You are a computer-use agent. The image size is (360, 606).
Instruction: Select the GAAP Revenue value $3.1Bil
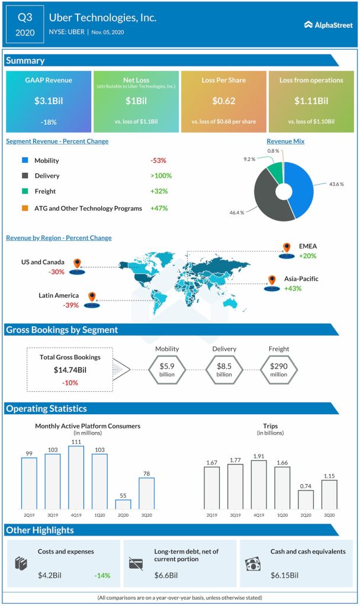pyautogui.click(x=49, y=101)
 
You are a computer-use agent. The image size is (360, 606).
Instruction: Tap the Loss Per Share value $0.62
pyautogui.click(x=223, y=101)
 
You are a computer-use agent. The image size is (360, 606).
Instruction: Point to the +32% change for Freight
pyautogui.click(x=160, y=191)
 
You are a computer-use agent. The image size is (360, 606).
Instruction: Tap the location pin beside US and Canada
pyautogui.click(x=76, y=263)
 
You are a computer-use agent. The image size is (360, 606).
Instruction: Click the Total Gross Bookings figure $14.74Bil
pyautogui.click(x=70, y=370)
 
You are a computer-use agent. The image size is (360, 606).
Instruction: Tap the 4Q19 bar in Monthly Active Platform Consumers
pyautogui.click(x=76, y=477)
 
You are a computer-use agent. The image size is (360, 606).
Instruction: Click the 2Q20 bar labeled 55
pyautogui.click(x=123, y=504)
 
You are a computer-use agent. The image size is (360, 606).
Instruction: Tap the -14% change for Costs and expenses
pyautogui.click(x=102, y=575)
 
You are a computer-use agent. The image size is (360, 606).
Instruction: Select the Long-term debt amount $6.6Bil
pyautogui.click(x=166, y=575)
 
